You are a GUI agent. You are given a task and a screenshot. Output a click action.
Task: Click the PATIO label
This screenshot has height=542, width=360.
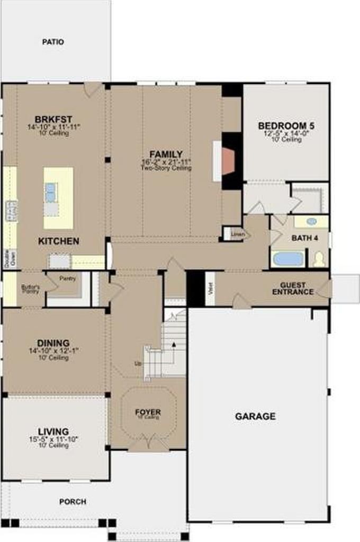53,41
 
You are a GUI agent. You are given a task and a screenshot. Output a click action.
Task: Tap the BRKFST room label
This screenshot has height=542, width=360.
53,120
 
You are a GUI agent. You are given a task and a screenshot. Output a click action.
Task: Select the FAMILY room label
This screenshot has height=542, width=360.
166,155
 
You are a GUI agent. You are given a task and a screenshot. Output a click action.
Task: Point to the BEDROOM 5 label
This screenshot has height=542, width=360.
286,126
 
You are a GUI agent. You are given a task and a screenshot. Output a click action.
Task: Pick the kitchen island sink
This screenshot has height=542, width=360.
51,191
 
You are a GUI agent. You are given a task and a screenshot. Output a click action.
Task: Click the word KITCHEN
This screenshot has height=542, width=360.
59,241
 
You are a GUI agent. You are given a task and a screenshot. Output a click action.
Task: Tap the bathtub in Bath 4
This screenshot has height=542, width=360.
288,259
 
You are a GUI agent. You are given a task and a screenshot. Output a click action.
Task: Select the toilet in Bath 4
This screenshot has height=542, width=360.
319,259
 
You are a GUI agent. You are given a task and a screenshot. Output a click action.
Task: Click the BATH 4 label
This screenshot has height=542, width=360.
304,238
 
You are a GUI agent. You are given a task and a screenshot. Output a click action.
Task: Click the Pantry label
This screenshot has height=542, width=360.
68,278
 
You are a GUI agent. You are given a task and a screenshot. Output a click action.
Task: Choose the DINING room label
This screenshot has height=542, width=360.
53,344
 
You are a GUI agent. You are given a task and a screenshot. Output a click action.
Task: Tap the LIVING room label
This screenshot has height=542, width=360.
53,431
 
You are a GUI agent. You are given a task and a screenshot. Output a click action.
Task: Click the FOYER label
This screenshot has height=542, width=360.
148,412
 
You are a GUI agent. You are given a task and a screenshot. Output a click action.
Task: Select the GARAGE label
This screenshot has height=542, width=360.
255,417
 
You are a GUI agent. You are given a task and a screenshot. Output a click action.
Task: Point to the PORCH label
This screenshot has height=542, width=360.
73,501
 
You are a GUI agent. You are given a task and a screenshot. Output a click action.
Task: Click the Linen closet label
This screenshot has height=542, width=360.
236,233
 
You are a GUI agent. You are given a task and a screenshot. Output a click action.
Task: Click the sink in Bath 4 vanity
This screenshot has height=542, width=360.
311,221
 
